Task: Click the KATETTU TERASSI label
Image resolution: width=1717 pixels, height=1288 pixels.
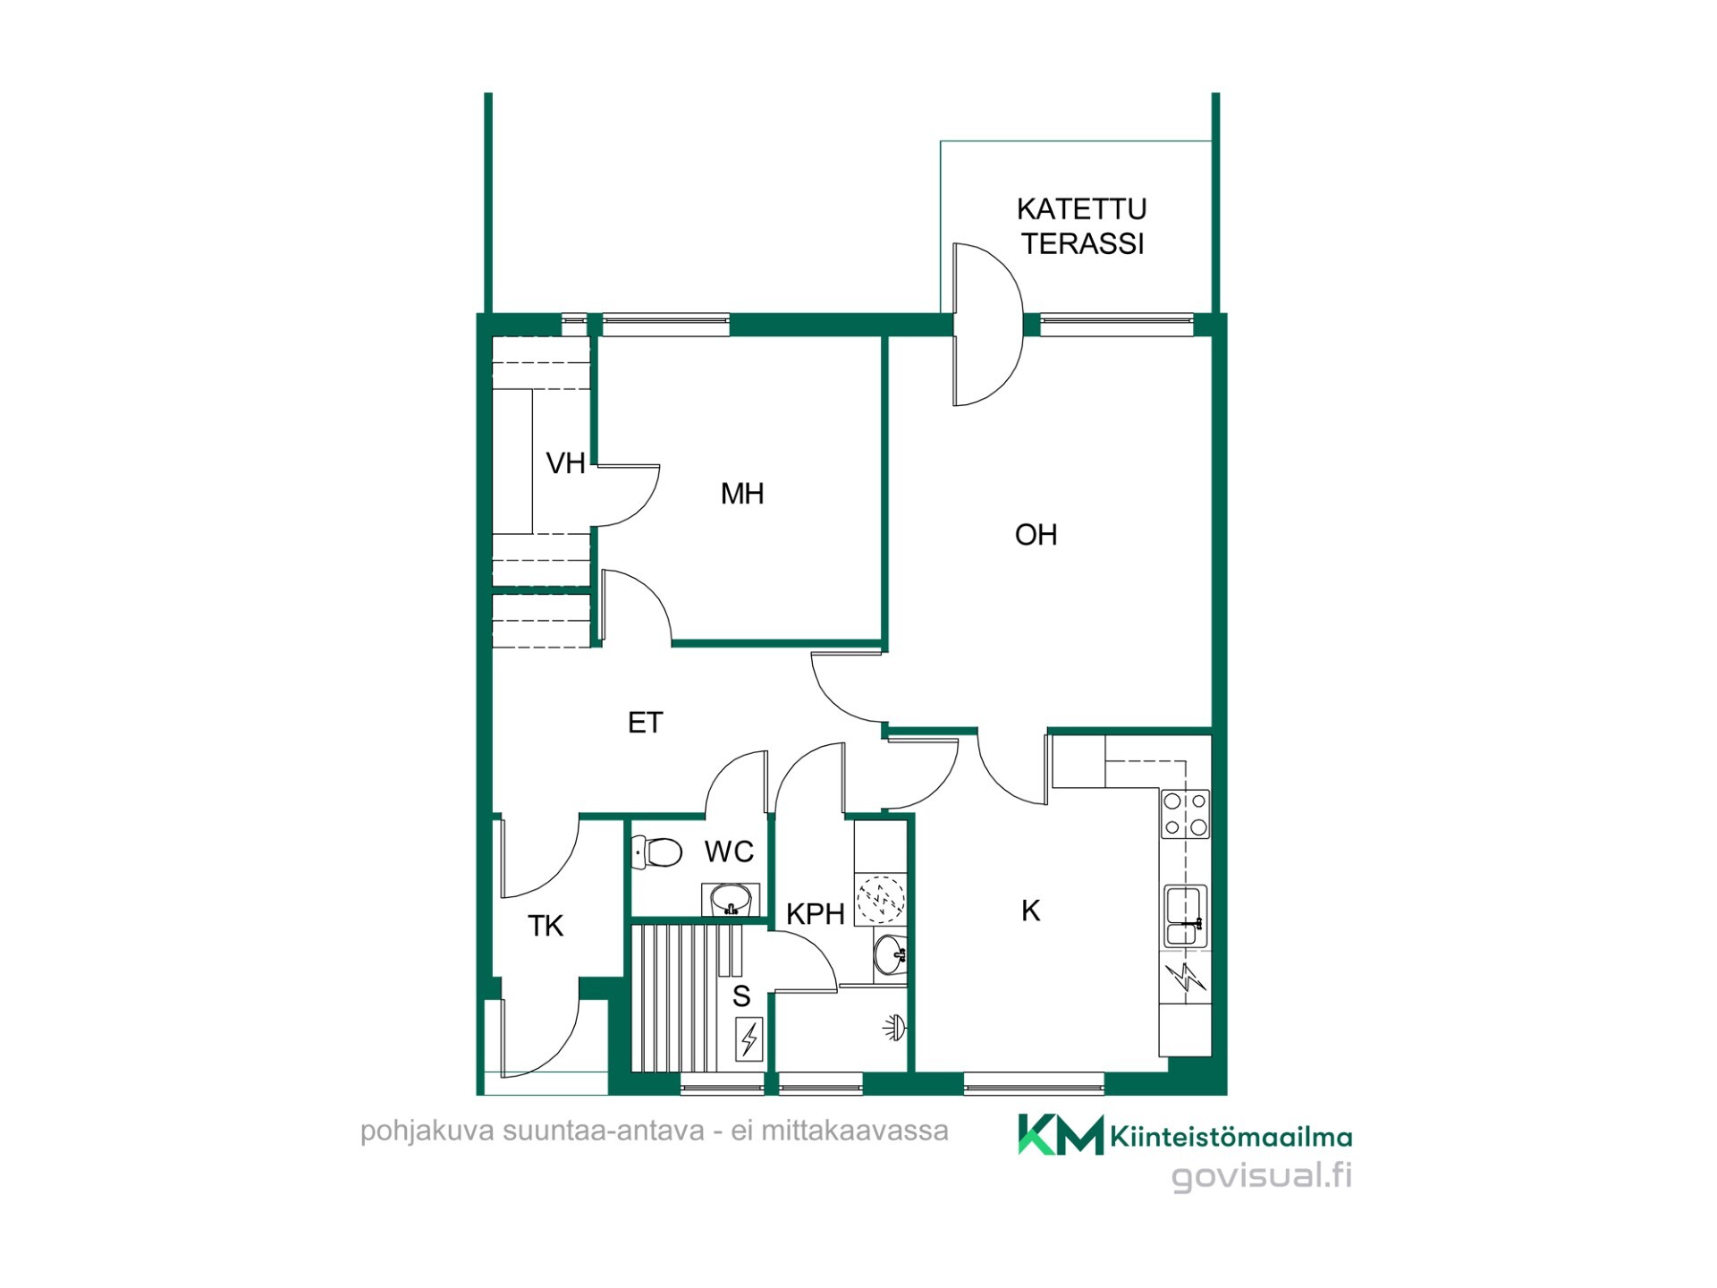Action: tap(1082, 226)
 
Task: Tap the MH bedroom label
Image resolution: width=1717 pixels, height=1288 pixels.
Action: tap(742, 493)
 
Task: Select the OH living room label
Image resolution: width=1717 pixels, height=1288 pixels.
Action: tap(1036, 535)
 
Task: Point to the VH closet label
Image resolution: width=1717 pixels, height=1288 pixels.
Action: tap(565, 463)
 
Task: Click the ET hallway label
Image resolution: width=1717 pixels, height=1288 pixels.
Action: tap(645, 723)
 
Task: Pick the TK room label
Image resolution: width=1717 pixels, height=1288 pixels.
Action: tap(546, 926)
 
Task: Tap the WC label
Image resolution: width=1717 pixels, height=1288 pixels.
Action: tap(729, 852)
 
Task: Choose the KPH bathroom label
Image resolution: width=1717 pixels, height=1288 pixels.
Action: tap(816, 914)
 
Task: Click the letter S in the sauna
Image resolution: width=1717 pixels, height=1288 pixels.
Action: tap(741, 996)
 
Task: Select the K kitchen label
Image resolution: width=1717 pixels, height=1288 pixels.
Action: tap(1030, 911)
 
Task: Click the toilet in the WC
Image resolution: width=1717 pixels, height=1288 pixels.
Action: tap(656, 852)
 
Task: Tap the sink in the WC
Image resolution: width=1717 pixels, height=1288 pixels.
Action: tap(731, 898)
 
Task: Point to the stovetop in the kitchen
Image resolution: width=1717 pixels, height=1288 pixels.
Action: tap(1185, 814)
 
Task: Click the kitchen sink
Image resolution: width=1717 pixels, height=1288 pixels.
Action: tap(1186, 916)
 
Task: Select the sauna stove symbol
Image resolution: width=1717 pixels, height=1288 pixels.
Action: tap(749, 1038)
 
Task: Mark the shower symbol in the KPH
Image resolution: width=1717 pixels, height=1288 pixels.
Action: tap(895, 1029)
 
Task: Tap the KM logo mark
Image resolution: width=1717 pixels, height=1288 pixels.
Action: tap(1061, 1135)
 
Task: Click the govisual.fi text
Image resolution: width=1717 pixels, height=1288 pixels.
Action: tap(1262, 1176)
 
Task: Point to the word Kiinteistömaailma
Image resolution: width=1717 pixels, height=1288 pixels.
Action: tap(1231, 1137)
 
